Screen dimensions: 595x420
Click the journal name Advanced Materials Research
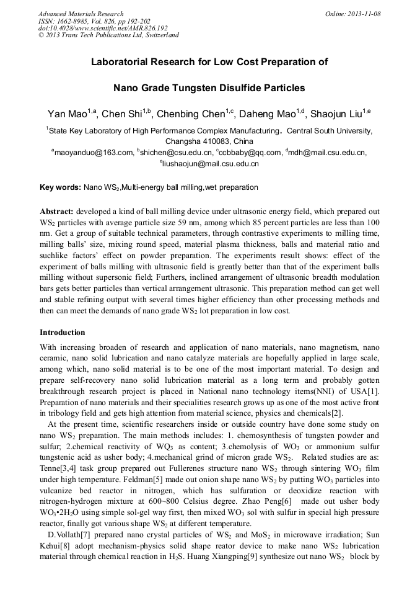(81, 14)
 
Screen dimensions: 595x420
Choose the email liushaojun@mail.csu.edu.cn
(211, 164)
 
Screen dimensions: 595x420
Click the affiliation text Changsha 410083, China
(209, 141)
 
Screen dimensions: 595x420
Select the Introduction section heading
(63, 333)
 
